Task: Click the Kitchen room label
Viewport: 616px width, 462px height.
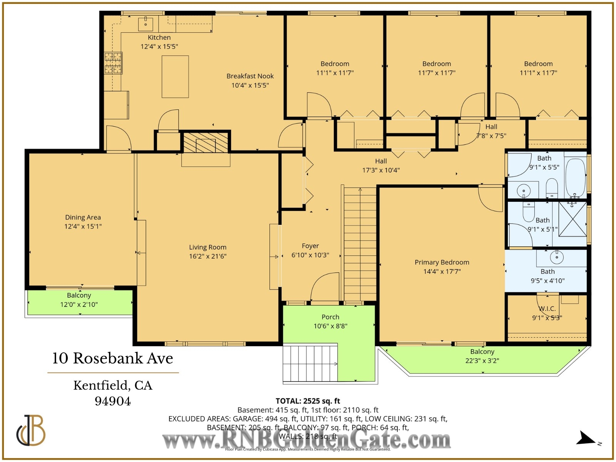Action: [159, 37]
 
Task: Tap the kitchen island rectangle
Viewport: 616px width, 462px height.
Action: [175, 77]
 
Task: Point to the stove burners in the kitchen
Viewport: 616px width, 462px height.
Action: [113, 63]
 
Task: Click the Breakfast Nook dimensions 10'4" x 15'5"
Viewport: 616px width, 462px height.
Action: [250, 85]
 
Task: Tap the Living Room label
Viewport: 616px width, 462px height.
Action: [208, 247]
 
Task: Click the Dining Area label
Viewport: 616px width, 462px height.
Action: [83, 217]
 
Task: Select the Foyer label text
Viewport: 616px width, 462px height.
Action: [310, 246]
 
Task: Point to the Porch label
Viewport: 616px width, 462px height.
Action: [330, 317]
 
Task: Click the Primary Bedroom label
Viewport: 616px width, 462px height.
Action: [442, 262]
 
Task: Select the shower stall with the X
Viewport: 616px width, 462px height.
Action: [572, 219]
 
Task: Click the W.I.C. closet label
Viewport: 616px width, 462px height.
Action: [547, 309]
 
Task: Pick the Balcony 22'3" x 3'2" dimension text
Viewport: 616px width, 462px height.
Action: [482, 361]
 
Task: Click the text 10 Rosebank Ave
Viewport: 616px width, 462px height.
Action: [112, 358]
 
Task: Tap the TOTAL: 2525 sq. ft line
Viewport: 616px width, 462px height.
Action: [308, 401]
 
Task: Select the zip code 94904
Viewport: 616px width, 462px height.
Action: [113, 401]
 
